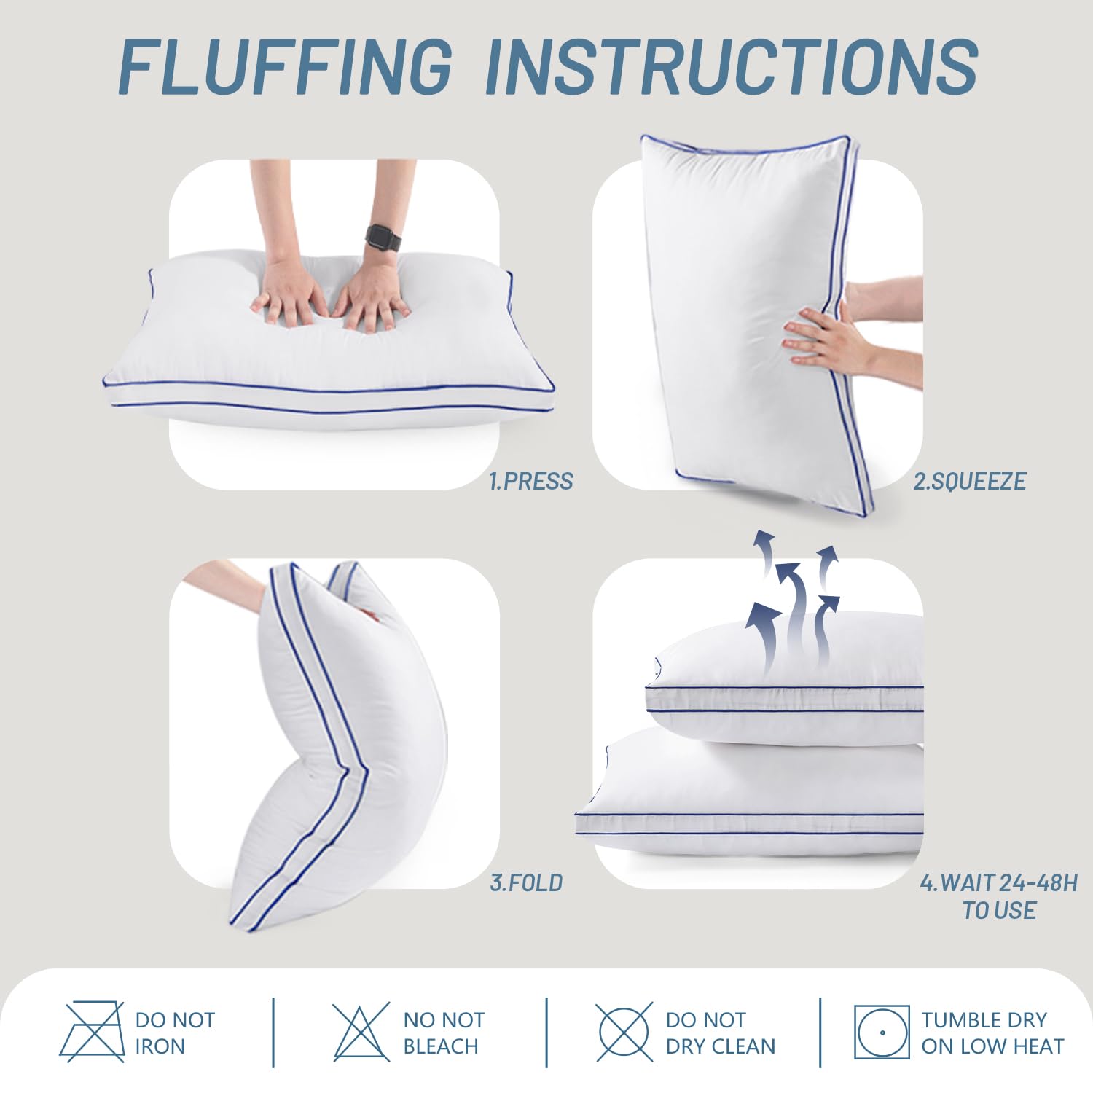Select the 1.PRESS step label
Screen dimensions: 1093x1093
click(530, 482)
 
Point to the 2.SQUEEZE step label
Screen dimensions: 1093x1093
click(969, 482)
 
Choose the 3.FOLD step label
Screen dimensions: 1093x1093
click(526, 883)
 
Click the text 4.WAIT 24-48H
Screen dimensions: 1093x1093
click(998, 883)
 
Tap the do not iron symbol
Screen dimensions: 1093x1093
click(92, 1032)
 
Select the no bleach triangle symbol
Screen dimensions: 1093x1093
click(361, 1032)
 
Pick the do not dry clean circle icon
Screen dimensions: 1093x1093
click(624, 1032)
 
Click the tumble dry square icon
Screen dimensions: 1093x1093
click(882, 1032)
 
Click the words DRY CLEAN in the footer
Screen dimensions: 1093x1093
click(720, 1046)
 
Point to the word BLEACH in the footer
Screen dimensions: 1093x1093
click(440, 1046)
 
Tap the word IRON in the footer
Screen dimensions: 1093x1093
click(160, 1046)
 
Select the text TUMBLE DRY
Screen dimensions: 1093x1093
click(984, 1019)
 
